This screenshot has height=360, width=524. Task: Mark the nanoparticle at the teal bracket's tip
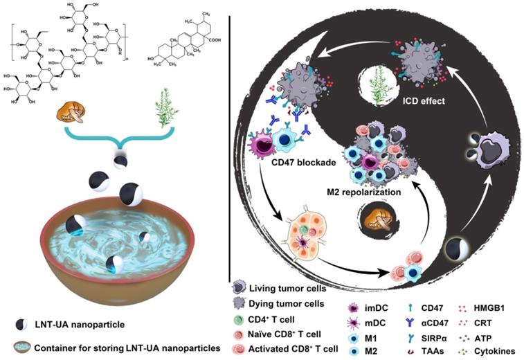pyautogui.click(x=121, y=161)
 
